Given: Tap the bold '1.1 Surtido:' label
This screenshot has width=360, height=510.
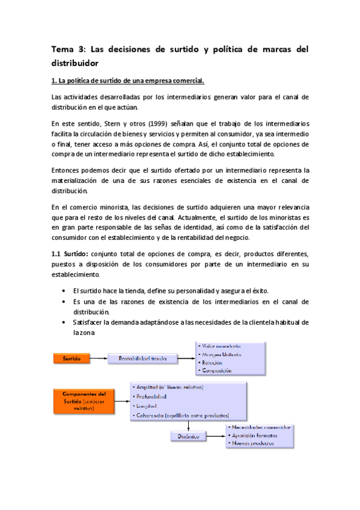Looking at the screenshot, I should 72,253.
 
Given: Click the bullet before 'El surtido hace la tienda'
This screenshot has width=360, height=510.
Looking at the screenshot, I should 64,290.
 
